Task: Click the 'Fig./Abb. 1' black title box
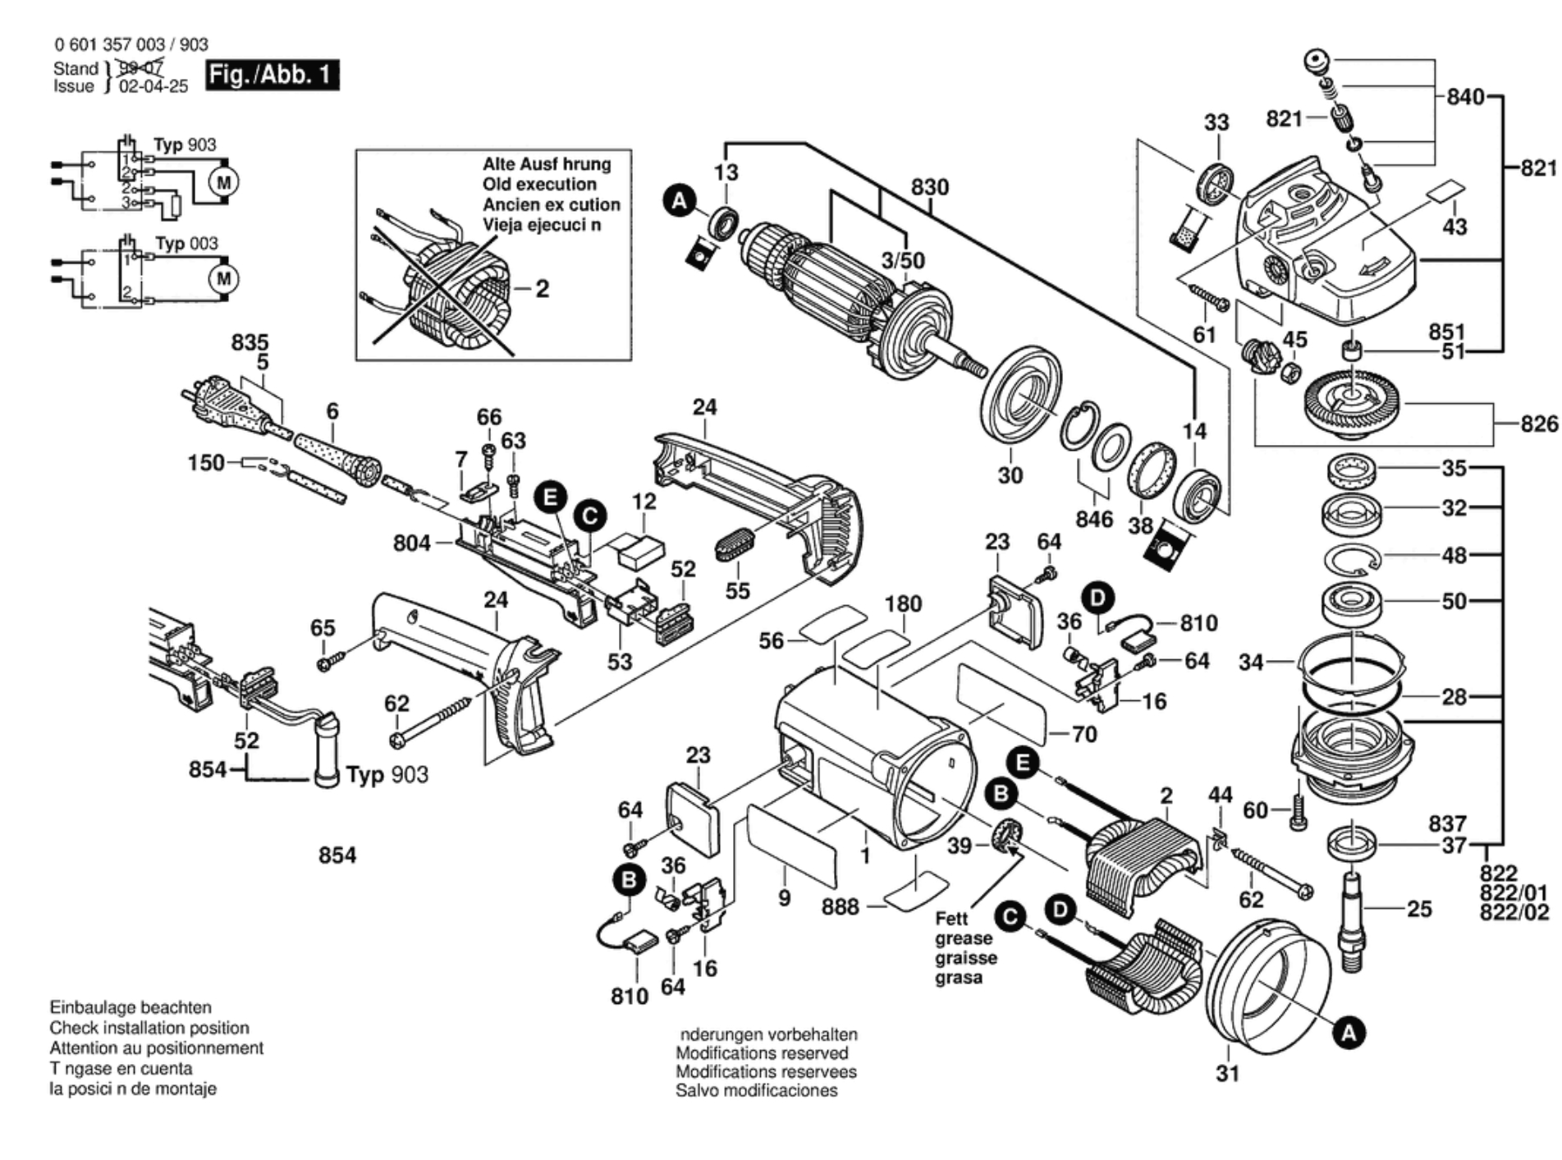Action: coord(272,76)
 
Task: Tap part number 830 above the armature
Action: coord(929,187)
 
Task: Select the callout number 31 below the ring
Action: coord(1227,1073)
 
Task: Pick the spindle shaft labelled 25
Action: coord(1350,919)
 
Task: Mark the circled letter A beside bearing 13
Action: coord(680,200)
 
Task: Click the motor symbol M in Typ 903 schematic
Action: coord(223,181)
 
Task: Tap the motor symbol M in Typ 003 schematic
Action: coord(223,279)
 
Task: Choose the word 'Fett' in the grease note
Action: coord(951,919)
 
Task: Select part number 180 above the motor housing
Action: coord(903,604)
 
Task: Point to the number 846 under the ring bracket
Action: coord(1094,519)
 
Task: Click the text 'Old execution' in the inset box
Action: coord(539,184)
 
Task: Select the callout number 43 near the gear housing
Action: coord(1454,227)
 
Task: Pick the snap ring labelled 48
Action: coord(1352,557)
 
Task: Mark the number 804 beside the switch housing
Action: coord(411,543)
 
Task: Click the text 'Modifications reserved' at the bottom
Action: coord(762,1053)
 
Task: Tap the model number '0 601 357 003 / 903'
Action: coord(131,44)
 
